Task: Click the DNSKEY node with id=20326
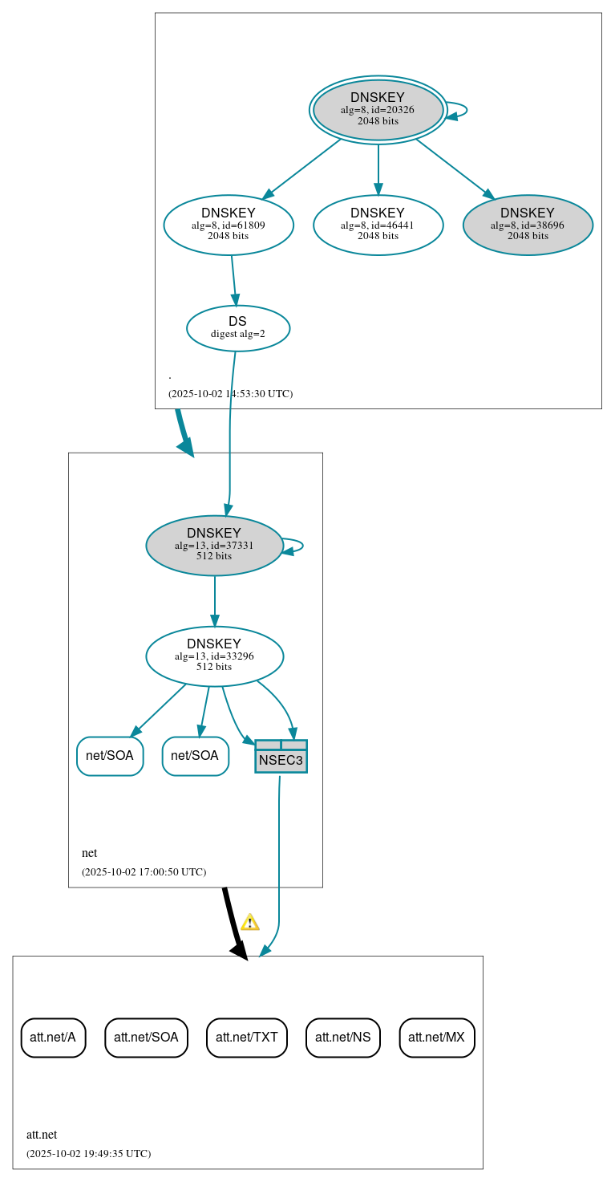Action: tap(378, 110)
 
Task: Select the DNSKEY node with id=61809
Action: tap(229, 225)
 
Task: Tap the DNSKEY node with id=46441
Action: tap(378, 225)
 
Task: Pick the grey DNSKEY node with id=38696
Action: tap(528, 225)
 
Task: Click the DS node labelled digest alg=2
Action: tap(237, 328)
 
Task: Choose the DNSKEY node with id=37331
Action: tap(214, 545)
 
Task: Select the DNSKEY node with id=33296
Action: tap(214, 656)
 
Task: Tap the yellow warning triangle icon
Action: tap(250, 922)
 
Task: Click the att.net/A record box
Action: tap(53, 1038)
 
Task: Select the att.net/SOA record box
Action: tap(146, 1038)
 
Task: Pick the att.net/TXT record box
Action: tap(246, 1038)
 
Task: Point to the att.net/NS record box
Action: tap(342, 1038)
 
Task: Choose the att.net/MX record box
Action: tap(437, 1038)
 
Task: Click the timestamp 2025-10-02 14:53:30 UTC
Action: tap(230, 394)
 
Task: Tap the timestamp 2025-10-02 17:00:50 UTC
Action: tap(144, 871)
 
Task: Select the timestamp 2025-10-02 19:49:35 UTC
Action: tap(88, 1154)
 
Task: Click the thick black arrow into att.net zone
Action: tap(233, 923)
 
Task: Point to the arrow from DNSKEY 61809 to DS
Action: tap(234, 280)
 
